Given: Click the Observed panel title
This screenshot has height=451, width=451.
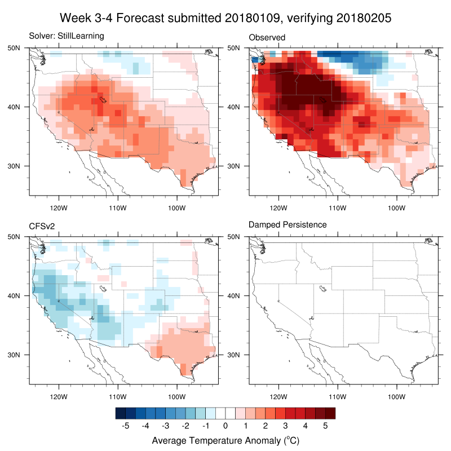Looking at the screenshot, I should coord(267,37).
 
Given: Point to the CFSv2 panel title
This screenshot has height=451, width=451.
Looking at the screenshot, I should coord(42,225).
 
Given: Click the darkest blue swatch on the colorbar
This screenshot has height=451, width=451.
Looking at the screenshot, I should coord(120,413).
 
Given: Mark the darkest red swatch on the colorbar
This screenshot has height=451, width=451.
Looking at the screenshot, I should coord(330,413).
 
